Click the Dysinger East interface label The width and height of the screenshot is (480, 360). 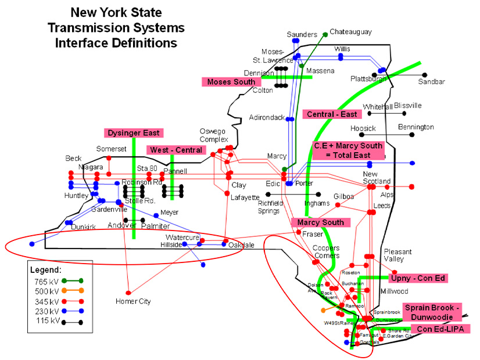click(134, 133)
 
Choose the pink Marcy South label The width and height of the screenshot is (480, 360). click(321, 222)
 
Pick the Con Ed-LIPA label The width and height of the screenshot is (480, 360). click(440, 329)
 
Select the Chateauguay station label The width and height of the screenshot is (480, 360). click(350, 32)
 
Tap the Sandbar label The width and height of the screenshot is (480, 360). click(431, 82)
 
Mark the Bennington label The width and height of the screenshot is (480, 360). click(416, 127)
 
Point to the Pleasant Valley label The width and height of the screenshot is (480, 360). click(397, 255)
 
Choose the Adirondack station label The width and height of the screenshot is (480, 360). click(267, 117)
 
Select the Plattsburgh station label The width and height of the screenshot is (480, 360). click(368, 79)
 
